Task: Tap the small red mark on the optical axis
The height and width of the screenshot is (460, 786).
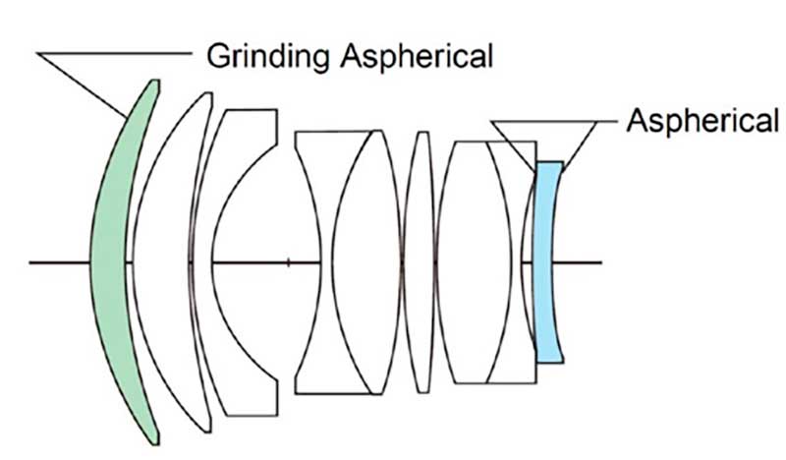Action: tap(288, 262)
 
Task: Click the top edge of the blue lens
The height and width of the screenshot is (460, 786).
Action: tap(549, 162)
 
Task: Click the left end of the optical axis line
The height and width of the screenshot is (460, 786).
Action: tap(31, 262)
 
